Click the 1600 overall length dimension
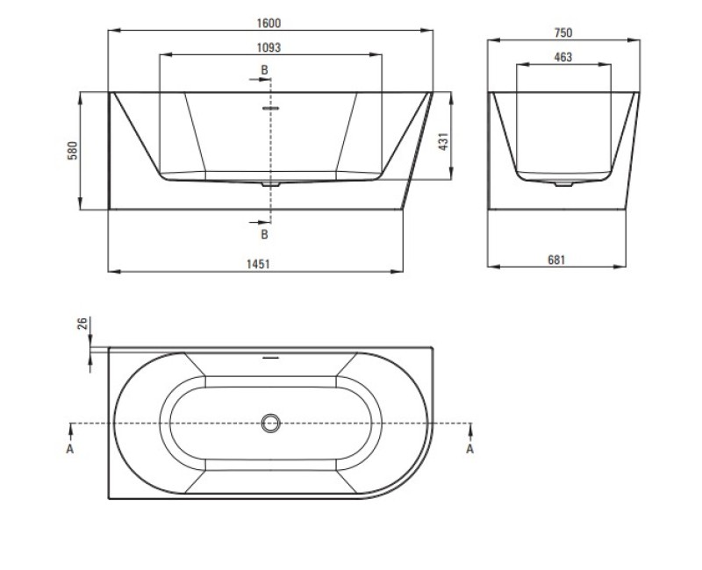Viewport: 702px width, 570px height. pyautogui.click(x=269, y=24)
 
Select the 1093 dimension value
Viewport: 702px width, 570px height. pyautogui.click(x=269, y=47)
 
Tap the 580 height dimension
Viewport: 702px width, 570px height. pyautogui.click(x=73, y=151)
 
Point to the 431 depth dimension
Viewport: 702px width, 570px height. pyautogui.click(x=443, y=141)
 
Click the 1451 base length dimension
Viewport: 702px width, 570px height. pyautogui.click(x=258, y=264)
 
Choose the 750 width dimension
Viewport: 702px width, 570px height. pyautogui.click(x=563, y=32)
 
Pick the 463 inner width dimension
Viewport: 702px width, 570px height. pyautogui.click(x=562, y=57)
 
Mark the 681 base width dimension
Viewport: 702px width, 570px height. pyautogui.click(x=556, y=260)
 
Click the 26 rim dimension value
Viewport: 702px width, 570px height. pyautogui.click(x=82, y=323)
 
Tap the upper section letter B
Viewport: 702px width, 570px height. pyautogui.click(x=265, y=70)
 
